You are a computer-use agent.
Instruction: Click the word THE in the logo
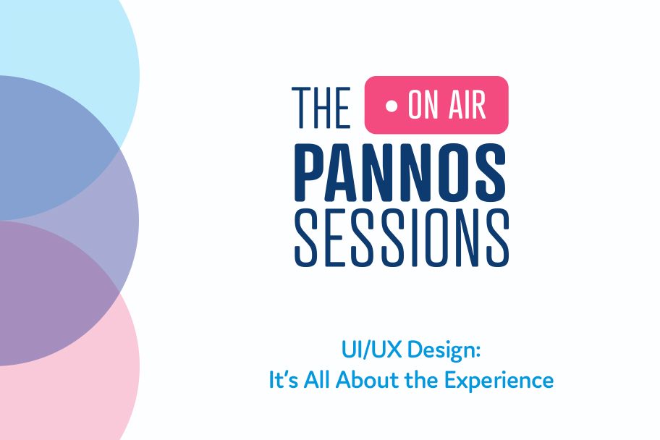pos(321,107)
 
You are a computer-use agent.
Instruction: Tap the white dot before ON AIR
pos(392,106)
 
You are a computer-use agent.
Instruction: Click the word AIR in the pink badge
pos(467,105)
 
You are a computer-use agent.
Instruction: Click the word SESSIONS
pos(402,238)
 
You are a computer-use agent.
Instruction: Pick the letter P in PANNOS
pos(310,173)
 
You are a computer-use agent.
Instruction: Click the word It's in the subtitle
pos(283,380)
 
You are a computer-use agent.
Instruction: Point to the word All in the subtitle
pos(317,379)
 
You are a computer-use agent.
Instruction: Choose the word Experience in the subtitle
pos(499,381)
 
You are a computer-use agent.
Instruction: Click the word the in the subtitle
pos(423,379)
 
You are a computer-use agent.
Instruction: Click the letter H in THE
pos(323,107)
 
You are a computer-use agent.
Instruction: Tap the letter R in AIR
pos(478,105)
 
